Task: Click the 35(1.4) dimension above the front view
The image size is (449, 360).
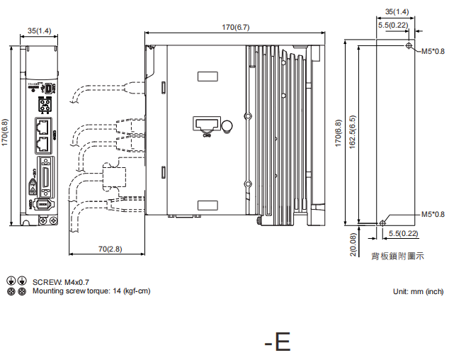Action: tap(39, 30)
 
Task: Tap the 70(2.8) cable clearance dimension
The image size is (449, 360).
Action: tap(109, 249)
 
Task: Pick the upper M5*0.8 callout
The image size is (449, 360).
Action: tap(433, 52)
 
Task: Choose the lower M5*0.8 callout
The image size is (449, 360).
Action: tap(433, 214)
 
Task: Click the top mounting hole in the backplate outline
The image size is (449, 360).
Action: tap(410, 46)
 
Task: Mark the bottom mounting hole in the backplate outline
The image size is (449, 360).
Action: tap(383, 220)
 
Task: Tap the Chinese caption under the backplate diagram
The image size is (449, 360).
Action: tap(397, 256)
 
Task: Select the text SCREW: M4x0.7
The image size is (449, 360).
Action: tap(61, 282)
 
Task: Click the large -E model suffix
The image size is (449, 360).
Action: tap(277, 342)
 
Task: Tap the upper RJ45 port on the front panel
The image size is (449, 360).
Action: tap(43, 128)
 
